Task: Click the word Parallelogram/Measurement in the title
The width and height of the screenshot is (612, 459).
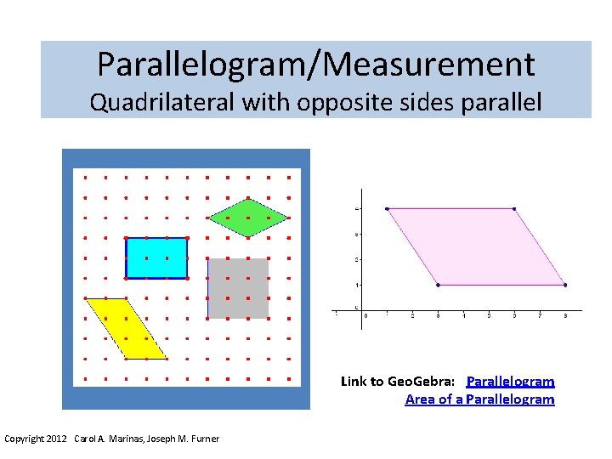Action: point(315,64)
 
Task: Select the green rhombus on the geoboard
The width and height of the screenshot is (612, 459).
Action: point(248,218)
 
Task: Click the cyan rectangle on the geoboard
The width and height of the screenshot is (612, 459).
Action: point(156,258)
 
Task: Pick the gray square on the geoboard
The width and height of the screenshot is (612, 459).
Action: point(238,288)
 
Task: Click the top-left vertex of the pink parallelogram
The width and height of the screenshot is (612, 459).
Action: point(387,208)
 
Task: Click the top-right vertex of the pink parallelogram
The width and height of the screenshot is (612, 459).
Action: point(514,208)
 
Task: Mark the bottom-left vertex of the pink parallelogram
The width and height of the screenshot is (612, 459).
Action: point(438,285)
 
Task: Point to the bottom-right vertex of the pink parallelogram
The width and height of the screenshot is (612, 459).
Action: point(565,285)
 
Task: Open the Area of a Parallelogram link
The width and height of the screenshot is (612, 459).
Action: point(479,399)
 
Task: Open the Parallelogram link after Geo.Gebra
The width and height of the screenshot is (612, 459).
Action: point(510,382)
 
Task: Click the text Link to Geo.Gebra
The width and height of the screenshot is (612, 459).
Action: point(398,382)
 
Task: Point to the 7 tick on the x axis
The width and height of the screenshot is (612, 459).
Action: point(540,315)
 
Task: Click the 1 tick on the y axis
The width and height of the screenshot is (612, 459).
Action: point(357,285)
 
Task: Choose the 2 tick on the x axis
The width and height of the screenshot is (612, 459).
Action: point(412,315)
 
